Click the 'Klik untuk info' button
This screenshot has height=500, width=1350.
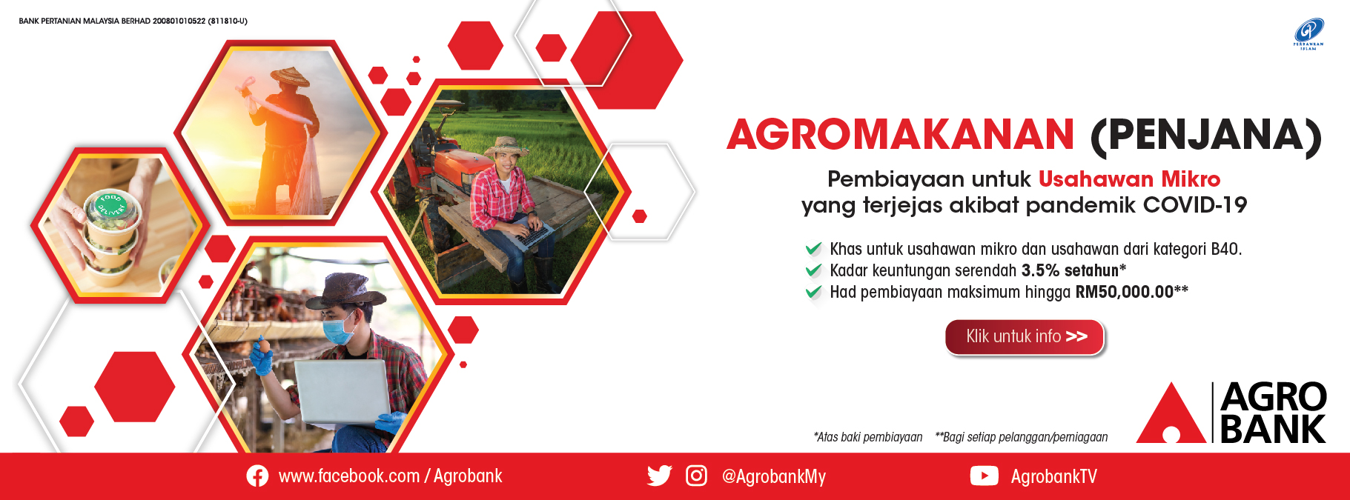pos(1025,337)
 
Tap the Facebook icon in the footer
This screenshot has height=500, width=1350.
pos(257,476)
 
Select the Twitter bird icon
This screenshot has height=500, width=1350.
pos(659,476)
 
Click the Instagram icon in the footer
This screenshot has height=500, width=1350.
pos(696,476)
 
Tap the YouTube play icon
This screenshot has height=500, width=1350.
pos(984,476)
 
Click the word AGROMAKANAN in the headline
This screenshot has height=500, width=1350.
pos(900,135)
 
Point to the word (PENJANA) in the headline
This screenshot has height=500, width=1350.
pos(1206,136)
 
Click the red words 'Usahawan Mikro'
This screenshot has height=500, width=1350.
pos(1129,179)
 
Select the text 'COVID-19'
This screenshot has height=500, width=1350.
pos(1195,205)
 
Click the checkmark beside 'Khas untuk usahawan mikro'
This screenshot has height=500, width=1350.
pos(813,248)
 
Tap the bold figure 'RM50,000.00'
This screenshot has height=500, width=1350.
pos(1124,292)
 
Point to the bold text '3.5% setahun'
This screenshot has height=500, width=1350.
pos(1070,270)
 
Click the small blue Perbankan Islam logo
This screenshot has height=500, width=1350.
pos(1308,33)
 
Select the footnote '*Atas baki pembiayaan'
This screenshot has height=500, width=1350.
pos(868,437)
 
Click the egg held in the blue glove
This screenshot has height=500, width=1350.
pos(263,345)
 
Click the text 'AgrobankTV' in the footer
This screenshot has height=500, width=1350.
pos(1053,476)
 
